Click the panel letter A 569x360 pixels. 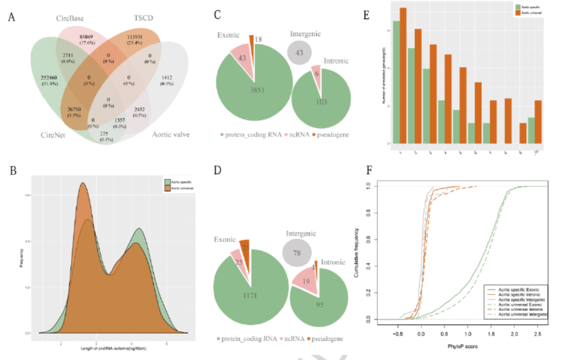click(x=12, y=17)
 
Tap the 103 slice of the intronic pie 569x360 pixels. click(x=321, y=102)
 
